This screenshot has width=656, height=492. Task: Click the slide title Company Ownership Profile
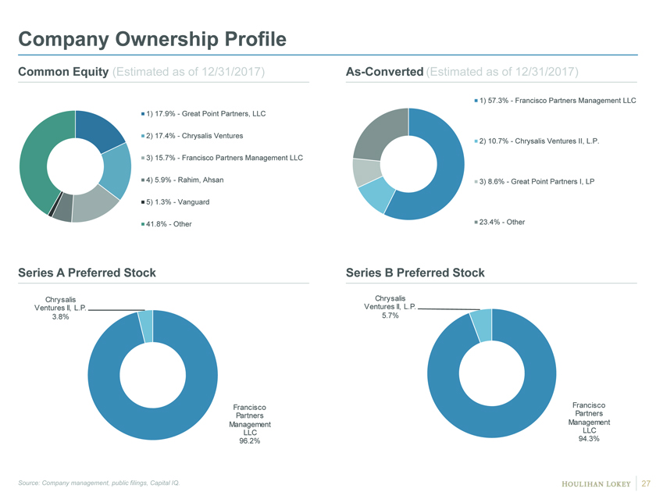coord(152,39)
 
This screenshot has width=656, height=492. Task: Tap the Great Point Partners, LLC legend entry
coord(203,114)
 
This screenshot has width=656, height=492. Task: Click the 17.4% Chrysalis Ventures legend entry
coord(192,136)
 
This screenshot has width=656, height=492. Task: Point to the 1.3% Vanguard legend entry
coord(175,202)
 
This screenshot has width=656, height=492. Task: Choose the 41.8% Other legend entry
coord(166,224)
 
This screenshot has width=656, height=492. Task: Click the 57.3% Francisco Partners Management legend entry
coord(555,101)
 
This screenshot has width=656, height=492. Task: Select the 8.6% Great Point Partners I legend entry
coord(534,181)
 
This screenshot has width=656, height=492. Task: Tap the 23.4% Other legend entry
coord(500,222)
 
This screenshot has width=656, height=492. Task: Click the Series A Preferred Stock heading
coord(87,273)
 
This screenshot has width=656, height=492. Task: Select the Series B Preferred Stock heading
coord(415,273)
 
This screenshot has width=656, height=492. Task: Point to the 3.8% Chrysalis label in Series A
coord(61,308)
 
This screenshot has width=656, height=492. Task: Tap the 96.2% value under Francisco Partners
coord(250,441)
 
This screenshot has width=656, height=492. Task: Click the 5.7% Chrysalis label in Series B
coord(390,307)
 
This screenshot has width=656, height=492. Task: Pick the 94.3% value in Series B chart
coord(589,439)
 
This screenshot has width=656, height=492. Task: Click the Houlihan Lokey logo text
coord(596,484)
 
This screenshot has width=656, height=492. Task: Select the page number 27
coord(646,483)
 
